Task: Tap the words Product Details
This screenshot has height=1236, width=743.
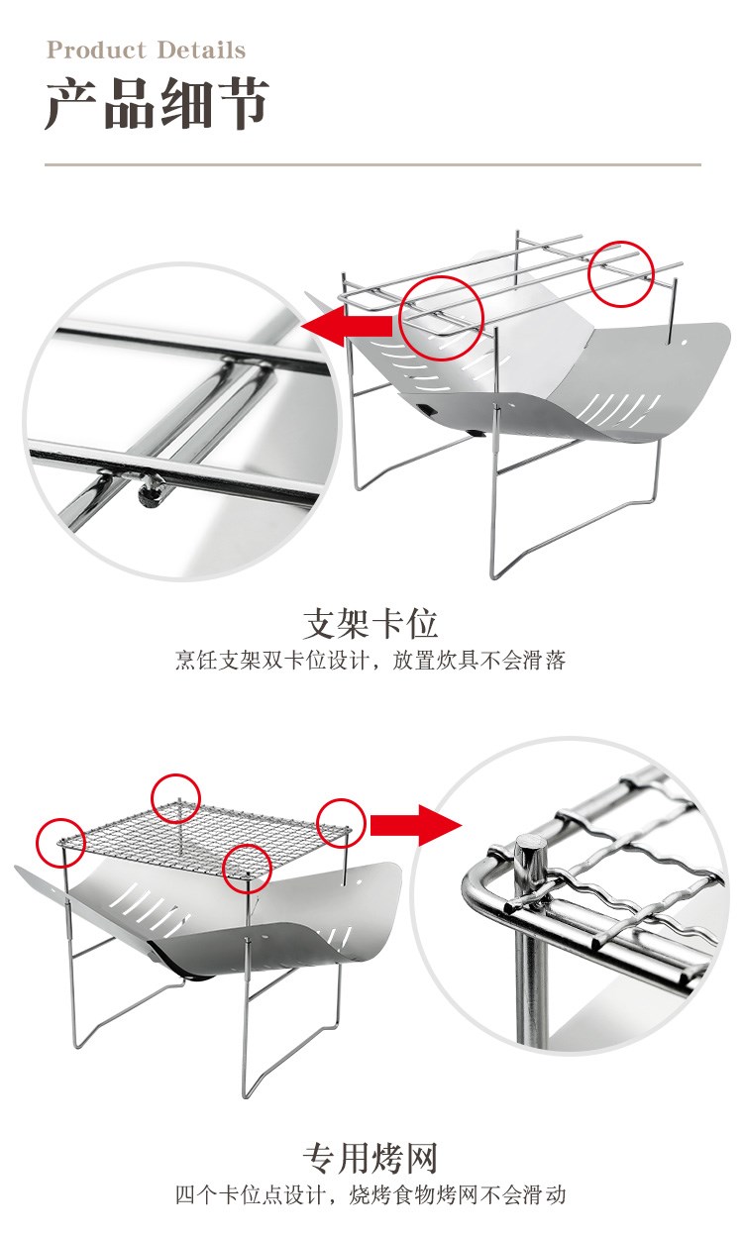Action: point(146,51)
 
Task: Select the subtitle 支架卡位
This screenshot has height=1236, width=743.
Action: point(371,624)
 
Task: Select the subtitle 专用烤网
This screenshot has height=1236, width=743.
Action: point(371,1158)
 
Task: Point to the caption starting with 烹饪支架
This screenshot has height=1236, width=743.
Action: point(371,661)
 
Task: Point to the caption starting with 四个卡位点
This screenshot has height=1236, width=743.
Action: point(371,1195)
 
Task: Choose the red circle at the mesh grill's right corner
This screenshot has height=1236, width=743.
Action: point(341,822)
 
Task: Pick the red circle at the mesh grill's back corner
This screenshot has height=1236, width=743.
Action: point(176,798)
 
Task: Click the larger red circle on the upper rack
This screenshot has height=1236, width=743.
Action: point(441,317)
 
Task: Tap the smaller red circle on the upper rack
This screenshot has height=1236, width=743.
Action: point(621,270)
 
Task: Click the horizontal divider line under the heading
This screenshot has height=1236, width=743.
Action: point(372,164)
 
